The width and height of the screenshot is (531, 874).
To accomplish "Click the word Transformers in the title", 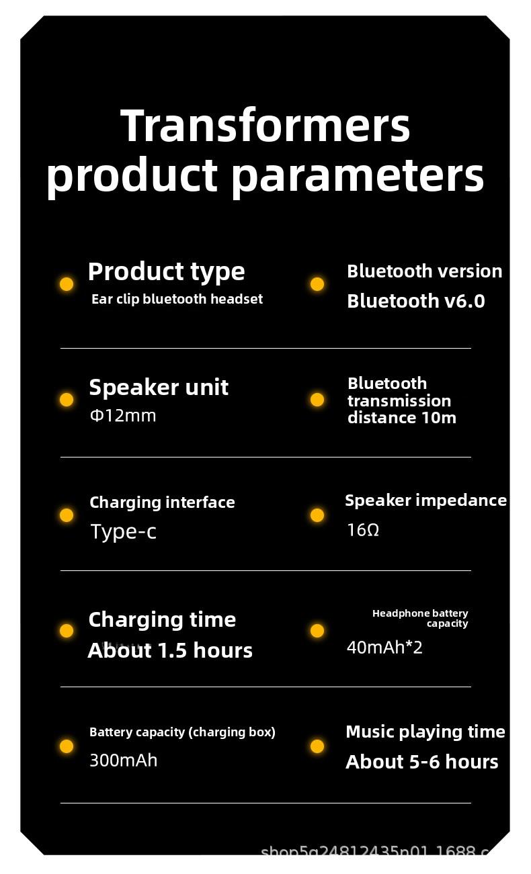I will (x=265, y=126).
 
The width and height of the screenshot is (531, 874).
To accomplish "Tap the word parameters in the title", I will (x=358, y=176).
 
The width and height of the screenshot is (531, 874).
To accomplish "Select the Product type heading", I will (x=166, y=271).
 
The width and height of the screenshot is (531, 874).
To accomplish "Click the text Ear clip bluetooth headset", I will (x=177, y=299).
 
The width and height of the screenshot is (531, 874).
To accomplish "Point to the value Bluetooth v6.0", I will (x=415, y=301).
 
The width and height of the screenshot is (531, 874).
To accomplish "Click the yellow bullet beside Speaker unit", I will (x=67, y=400).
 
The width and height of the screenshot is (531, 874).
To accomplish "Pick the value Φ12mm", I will (x=123, y=416).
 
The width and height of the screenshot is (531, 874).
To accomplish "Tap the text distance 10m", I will (x=401, y=418).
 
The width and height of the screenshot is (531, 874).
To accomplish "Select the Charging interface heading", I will (x=162, y=502).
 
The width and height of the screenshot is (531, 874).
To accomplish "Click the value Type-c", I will (x=123, y=531).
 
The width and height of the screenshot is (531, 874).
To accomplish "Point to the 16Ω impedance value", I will (x=363, y=530).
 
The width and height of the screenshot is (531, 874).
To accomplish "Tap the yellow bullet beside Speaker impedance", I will (x=317, y=515).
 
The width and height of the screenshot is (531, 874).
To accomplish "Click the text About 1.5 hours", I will (x=170, y=650).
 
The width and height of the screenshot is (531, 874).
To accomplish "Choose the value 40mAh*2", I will (x=384, y=648).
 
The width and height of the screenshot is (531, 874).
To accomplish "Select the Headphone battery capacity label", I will (x=421, y=618).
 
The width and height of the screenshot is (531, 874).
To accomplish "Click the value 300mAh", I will (x=123, y=760).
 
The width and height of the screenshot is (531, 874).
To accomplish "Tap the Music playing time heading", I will (x=425, y=732).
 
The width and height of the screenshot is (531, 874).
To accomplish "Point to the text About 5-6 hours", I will (x=421, y=762).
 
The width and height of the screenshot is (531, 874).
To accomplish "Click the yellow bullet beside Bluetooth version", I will (x=317, y=284).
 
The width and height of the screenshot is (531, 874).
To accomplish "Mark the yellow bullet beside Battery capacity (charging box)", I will (x=67, y=746).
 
